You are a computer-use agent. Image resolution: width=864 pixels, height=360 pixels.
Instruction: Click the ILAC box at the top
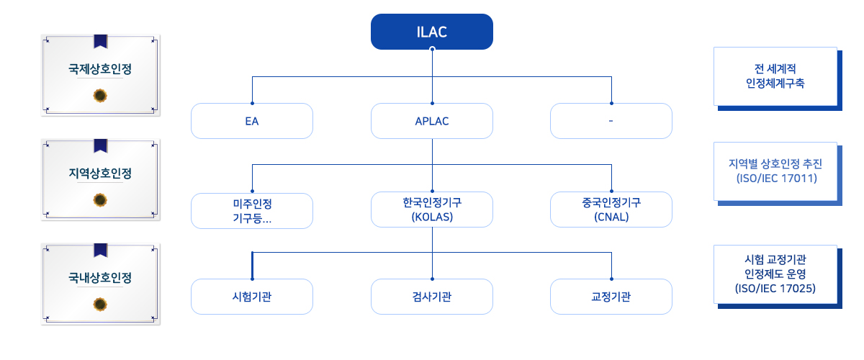pyautogui.click(x=431, y=32)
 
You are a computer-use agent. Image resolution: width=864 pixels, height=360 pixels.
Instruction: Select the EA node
pyautogui.click(x=252, y=121)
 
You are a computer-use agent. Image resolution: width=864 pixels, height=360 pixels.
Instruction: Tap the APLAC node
pyautogui.click(x=431, y=121)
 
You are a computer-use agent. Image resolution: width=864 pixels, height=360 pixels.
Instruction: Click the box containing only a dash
pyautogui.click(x=611, y=121)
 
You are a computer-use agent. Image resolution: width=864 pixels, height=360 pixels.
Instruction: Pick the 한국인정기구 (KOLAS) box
pyautogui.click(x=431, y=210)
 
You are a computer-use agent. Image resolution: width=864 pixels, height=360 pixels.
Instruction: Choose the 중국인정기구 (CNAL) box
pyautogui.click(x=611, y=210)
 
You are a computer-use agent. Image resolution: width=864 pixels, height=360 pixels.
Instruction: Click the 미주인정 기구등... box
pyautogui.click(x=252, y=211)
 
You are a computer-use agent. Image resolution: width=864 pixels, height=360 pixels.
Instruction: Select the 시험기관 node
pyautogui.click(x=252, y=297)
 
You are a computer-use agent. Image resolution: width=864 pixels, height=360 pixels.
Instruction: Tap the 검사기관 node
pyautogui.click(x=431, y=297)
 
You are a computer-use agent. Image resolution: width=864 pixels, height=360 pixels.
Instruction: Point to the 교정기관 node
pyautogui.click(x=611, y=297)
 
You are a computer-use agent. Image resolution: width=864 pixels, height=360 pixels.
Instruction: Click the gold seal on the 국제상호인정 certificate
pyautogui.click(x=100, y=95)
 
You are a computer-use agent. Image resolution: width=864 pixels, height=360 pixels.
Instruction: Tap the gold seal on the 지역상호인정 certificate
pyautogui.click(x=100, y=200)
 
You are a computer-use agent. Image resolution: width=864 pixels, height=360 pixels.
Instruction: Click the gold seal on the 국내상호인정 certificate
pyautogui.click(x=100, y=305)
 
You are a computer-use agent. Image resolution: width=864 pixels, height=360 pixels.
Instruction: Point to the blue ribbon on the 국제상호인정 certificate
pyautogui.click(x=101, y=41)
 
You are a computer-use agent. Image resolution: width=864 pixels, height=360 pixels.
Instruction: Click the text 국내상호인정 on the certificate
pyautogui.click(x=100, y=277)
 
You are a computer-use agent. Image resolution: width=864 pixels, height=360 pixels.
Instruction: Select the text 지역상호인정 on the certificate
pyautogui.click(x=100, y=174)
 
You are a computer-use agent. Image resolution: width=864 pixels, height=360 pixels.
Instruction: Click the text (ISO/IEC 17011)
pyautogui.click(x=777, y=179)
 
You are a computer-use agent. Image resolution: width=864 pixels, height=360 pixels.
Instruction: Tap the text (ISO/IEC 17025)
pyautogui.click(x=775, y=288)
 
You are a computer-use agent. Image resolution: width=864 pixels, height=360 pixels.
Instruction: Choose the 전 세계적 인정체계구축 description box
pyautogui.click(x=778, y=78)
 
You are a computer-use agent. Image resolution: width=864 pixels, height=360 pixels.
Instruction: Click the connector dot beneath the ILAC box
pyautogui.click(x=433, y=49)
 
